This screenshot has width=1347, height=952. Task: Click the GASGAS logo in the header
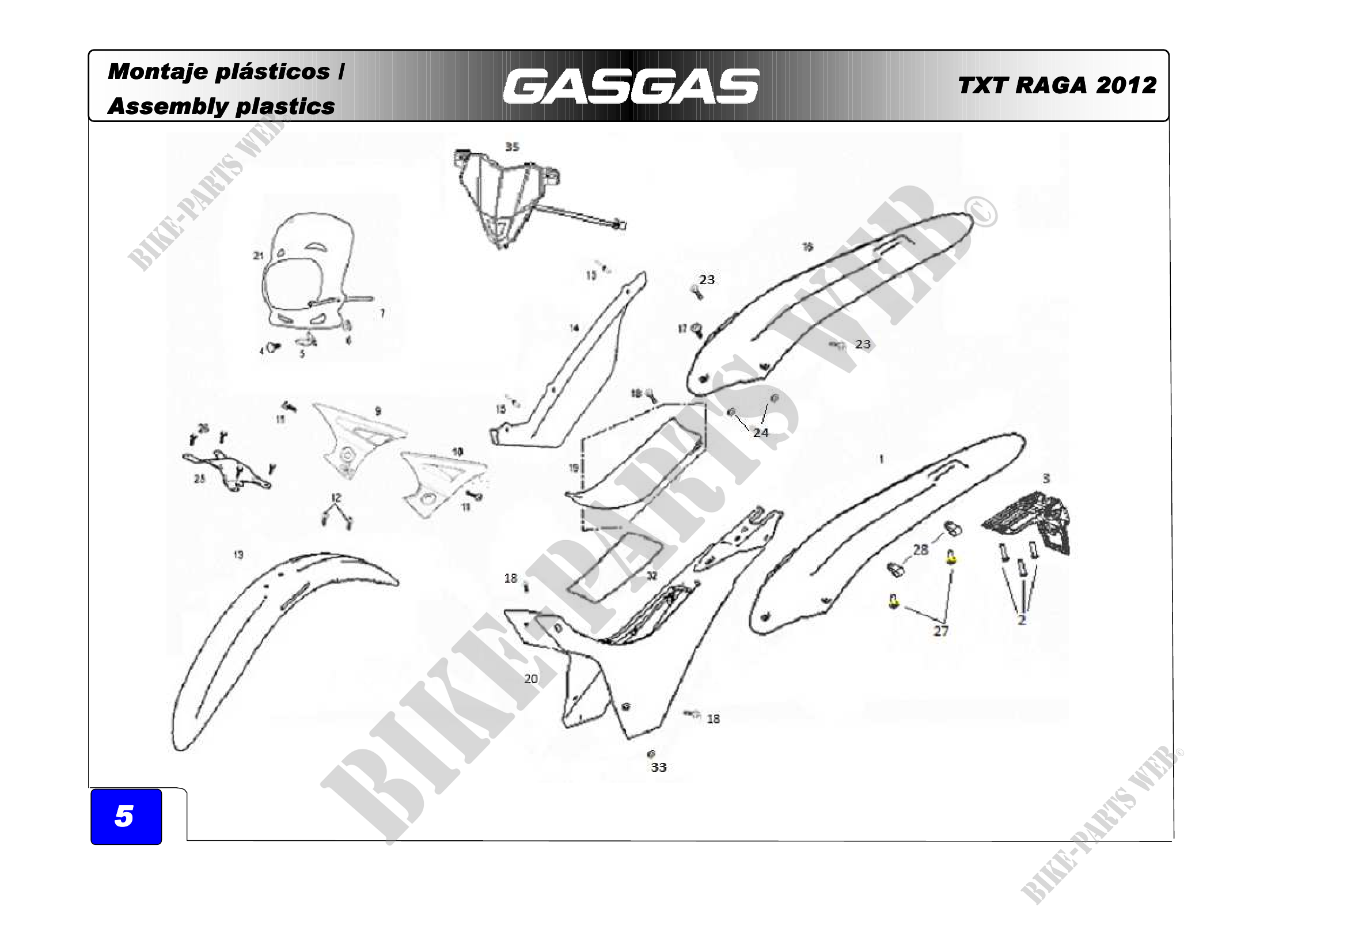pyautogui.click(x=631, y=87)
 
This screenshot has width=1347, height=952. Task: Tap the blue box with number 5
pyautogui.click(x=126, y=816)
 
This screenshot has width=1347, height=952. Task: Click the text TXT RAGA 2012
pyautogui.click(x=1057, y=86)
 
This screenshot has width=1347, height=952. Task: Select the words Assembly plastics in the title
pyautogui.click(x=221, y=107)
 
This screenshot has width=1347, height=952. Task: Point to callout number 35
pyautogui.click(x=512, y=147)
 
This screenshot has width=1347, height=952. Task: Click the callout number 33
pyautogui.click(x=658, y=767)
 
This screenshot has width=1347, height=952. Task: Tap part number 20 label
pyautogui.click(x=530, y=678)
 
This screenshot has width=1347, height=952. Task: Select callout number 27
pyautogui.click(x=940, y=631)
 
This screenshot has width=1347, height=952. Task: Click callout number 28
pyautogui.click(x=920, y=549)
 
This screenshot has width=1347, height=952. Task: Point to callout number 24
pyautogui.click(x=760, y=433)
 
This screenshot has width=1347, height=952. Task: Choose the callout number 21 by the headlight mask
pyautogui.click(x=259, y=256)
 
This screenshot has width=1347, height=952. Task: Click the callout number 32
pyautogui.click(x=652, y=576)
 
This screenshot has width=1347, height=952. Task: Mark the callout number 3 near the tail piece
pyautogui.click(x=1045, y=479)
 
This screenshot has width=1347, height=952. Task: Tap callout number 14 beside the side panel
pyautogui.click(x=574, y=328)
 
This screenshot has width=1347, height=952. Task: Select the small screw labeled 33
pyautogui.click(x=651, y=753)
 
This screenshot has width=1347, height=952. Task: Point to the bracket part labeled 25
pyautogui.click(x=229, y=469)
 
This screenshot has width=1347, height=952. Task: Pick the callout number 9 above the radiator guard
pyautogui.click(x=378, y=411)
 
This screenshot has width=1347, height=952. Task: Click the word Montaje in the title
pyautogui.click(x=158, y=71)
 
